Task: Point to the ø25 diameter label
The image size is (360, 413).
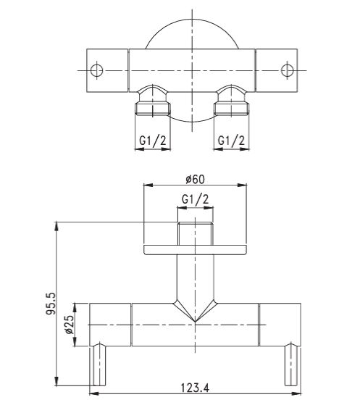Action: click(70, 325)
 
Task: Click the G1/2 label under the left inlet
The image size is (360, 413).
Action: click(154, 139)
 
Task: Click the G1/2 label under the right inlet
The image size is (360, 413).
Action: click(232, 139)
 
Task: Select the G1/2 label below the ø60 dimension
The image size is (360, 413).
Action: click(195, 198)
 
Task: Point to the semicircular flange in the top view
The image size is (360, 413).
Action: click(192, 36)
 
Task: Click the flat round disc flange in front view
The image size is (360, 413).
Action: click(194, 250)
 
